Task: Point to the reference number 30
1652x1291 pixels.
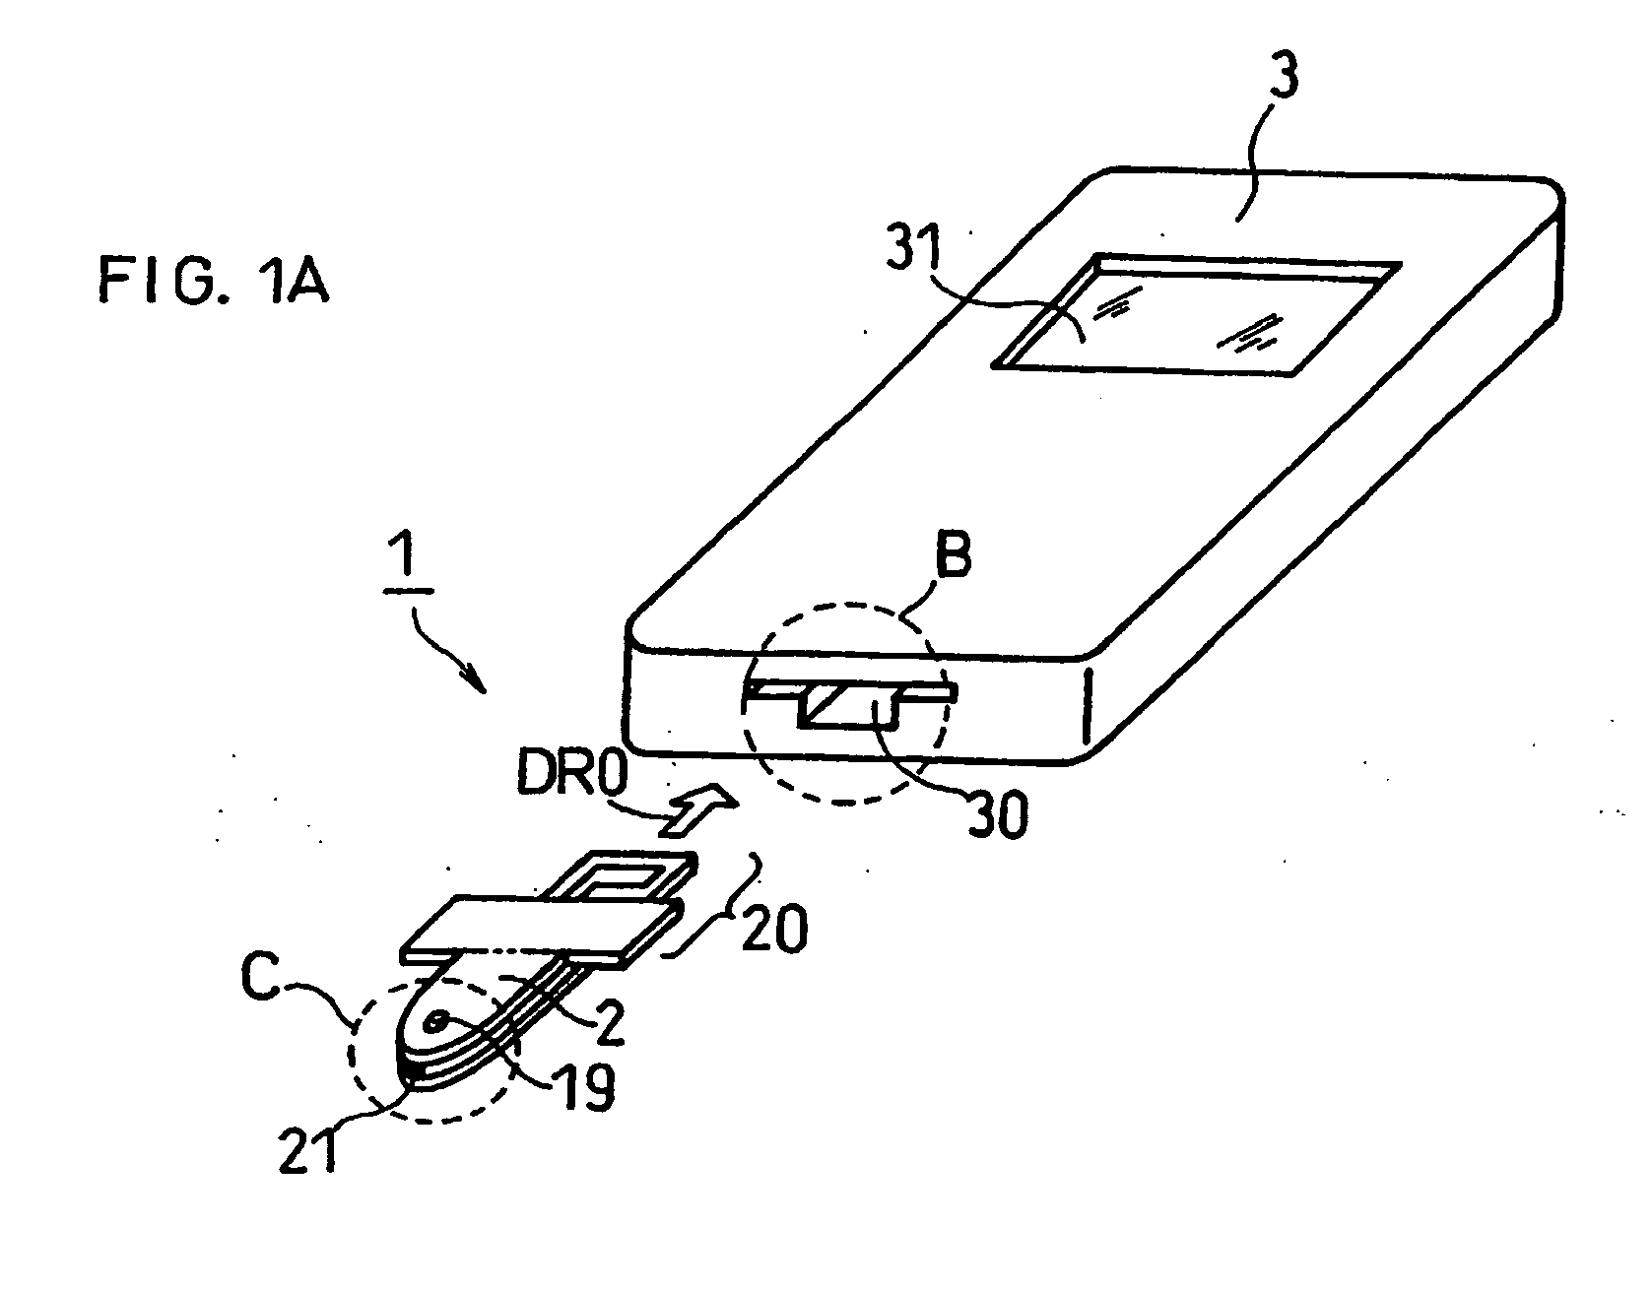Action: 997,813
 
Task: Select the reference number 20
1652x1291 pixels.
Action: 773,928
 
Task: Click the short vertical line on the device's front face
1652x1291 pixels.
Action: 1088,706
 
